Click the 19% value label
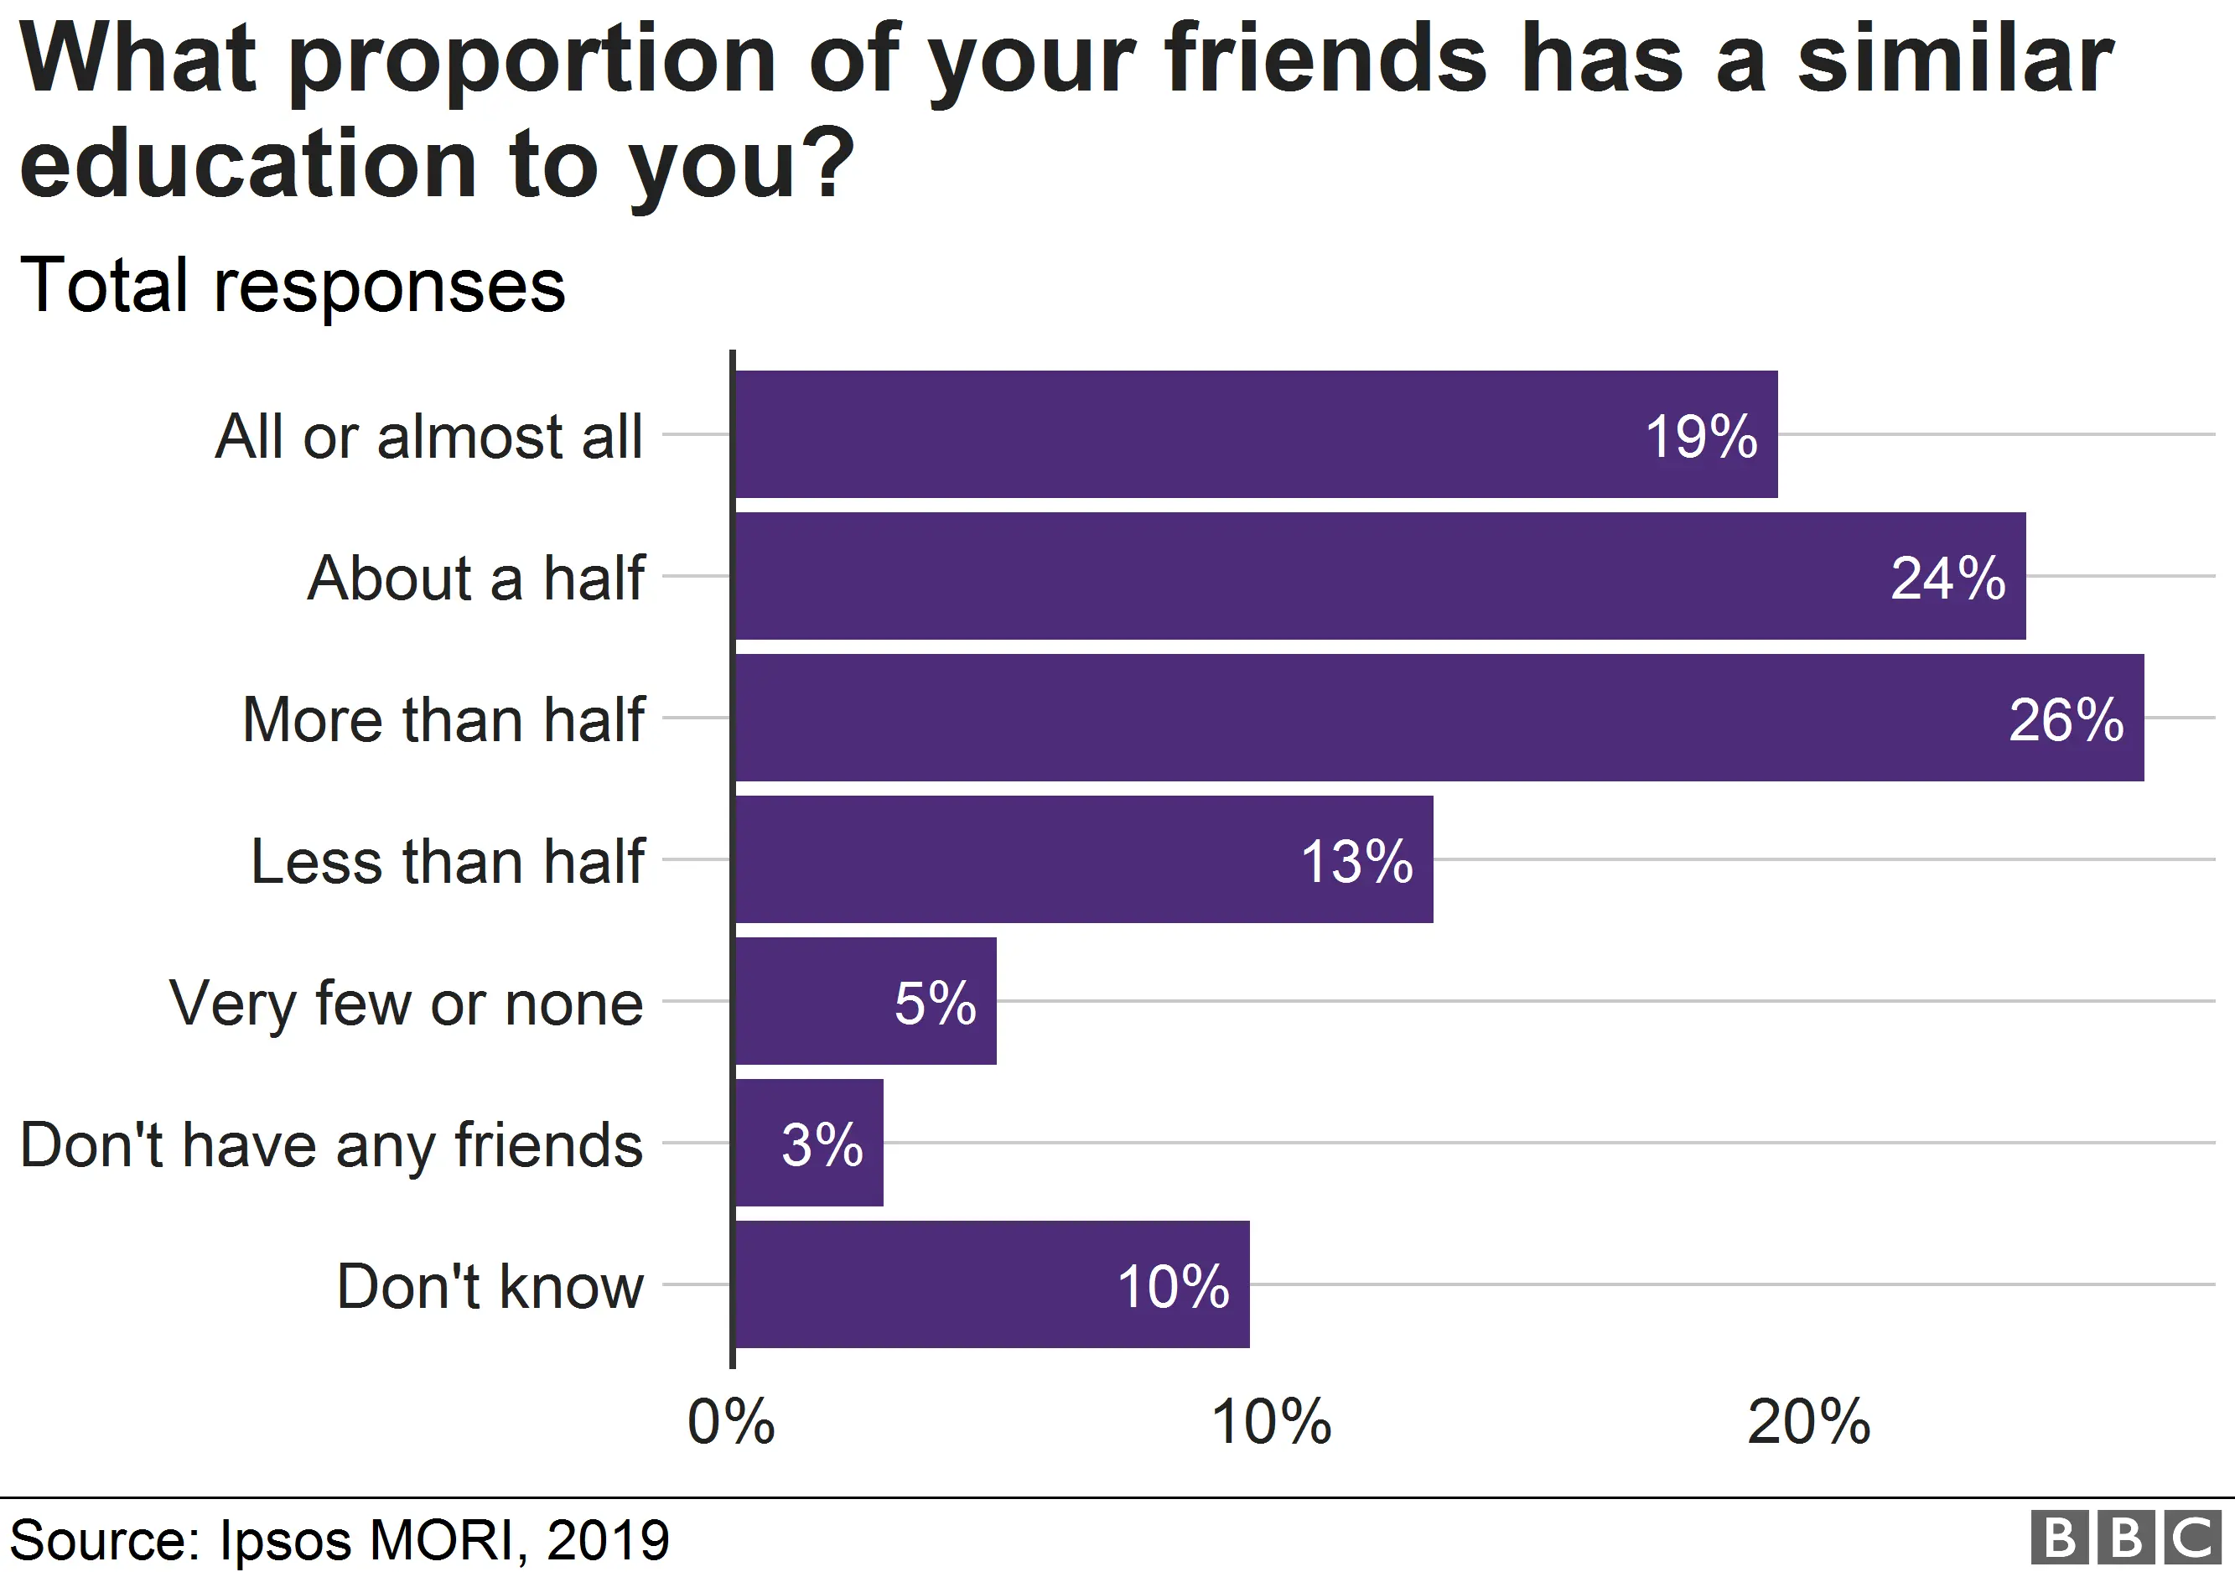[1701, 436]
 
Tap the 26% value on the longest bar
[2066, 720]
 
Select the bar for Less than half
[1082, 859]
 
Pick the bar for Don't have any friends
[808, 1143]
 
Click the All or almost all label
[428, 436]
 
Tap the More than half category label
[443, 720]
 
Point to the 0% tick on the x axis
[731, 1423]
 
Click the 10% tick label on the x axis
[1270, 1423]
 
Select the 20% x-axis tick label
[1808, 1423]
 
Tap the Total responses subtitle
[292, 286]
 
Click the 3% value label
[822, 1144]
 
